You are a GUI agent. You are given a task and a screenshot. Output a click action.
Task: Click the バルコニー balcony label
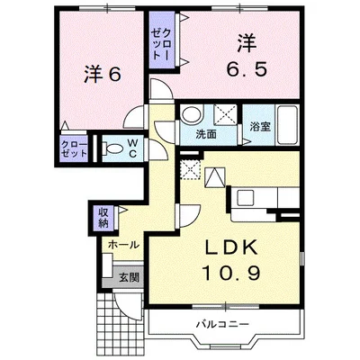tap(219, 323)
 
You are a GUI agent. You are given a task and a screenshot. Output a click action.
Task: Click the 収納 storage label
tap(103, 216)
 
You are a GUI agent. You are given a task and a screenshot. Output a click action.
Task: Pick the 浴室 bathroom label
tap(260, 128)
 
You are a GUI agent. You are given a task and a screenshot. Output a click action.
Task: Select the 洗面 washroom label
tap(205, 134)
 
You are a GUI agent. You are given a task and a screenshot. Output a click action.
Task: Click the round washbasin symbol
tap(192, 115)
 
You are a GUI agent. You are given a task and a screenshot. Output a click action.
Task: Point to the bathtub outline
tap(287, 121)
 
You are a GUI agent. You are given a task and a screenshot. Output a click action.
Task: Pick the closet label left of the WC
tap(74, 148)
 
